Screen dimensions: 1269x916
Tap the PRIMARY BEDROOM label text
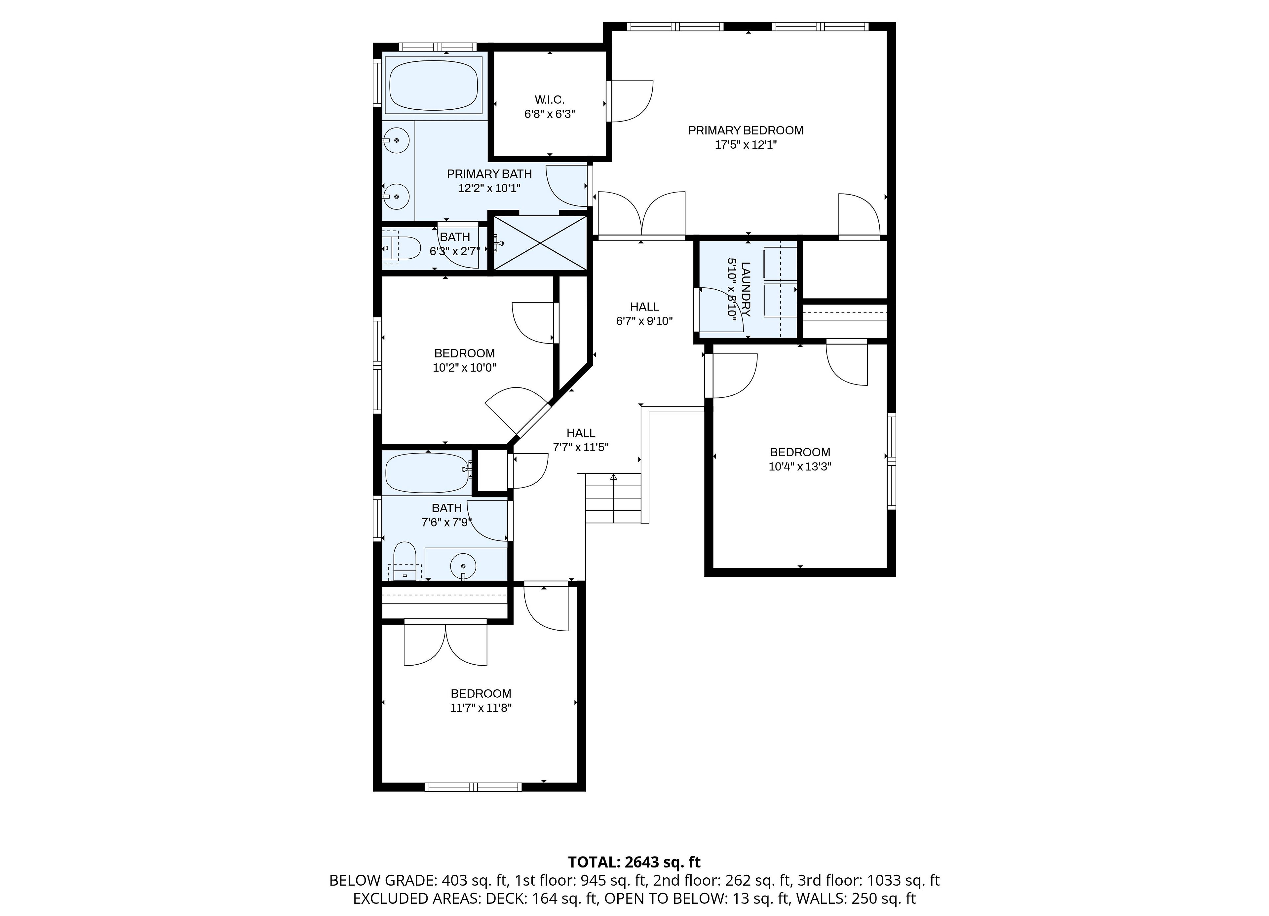(746, 130)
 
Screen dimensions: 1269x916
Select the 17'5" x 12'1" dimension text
(746, 145)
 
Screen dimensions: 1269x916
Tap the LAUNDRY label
(746, 289)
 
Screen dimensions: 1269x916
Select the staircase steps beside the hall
(613, 498)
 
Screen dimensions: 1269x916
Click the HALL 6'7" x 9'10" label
(644, 314)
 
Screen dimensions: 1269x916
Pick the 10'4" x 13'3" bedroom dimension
(800, 466)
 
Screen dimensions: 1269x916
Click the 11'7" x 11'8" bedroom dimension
(481, 708)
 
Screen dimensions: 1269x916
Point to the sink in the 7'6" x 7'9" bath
(463, 566)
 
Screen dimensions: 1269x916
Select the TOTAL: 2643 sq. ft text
(634, 862)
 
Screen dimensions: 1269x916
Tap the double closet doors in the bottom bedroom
(445, 643)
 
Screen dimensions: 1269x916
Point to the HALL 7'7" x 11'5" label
(581, 440)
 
